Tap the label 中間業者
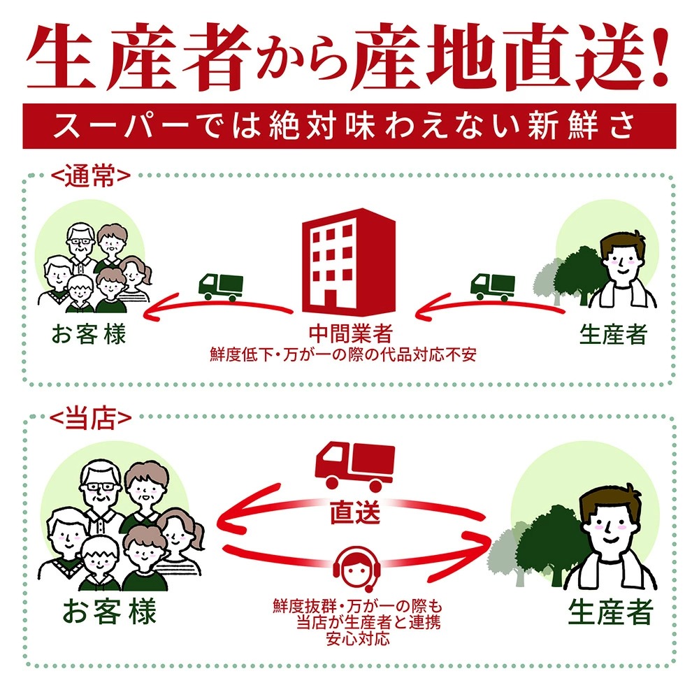(x=350, y=333)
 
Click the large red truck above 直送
(x=355, y=465)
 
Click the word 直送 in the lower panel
(x=355, y=512)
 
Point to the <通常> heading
(x=91, y=176)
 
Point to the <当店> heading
(x=90, y=418)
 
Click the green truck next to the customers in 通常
(x=221, y=287)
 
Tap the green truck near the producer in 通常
(x=493, y=287)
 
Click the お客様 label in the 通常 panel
(x=89, y=334)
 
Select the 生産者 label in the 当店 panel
(x=610, y=612)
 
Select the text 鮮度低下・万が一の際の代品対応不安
(x=343, y=355)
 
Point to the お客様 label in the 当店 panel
(x=109, y=611)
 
